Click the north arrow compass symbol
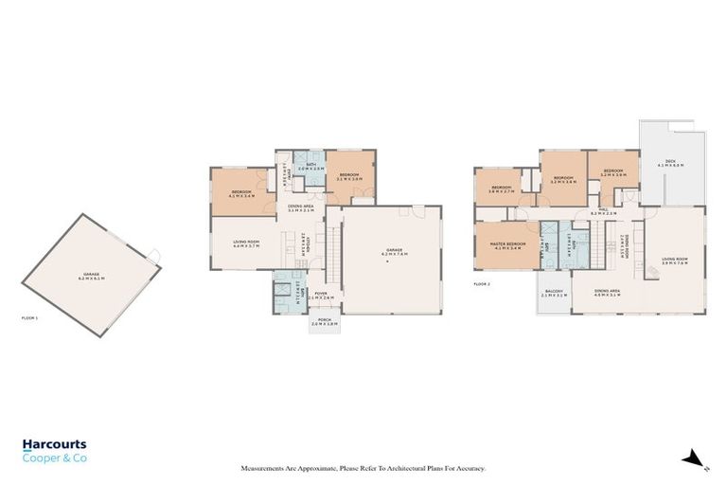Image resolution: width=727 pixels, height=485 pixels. click(696, 459)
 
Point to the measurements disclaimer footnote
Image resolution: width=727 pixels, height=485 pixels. click(363, 468)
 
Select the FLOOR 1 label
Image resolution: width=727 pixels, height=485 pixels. click(29, 318)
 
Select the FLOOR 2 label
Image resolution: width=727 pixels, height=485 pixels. click(482, 283)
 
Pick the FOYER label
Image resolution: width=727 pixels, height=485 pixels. click(322, 296)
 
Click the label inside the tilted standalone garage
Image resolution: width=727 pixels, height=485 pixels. click(91, 277)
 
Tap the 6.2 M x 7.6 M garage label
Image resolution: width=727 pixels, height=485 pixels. click(393, 254)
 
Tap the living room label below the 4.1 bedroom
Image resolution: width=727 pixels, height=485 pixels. click(246, 242)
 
